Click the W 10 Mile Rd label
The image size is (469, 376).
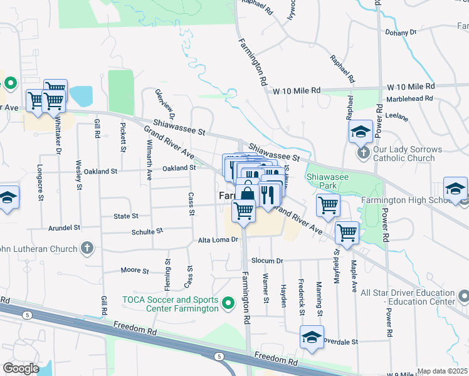tap(297, 91)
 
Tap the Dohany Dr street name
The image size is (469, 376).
tap(402, 32)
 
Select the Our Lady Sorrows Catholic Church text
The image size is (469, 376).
tap(408, 154)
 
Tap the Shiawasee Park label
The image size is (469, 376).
tap(326, 180)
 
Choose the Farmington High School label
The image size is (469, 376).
tap(406, 201)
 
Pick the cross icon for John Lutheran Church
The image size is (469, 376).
tap(87, 248)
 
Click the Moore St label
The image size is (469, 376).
tap(134, 271)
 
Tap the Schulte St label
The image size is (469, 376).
tap(147, 231)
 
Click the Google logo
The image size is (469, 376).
tap(21, 368)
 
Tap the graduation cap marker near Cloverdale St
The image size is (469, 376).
tap(312, 337)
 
